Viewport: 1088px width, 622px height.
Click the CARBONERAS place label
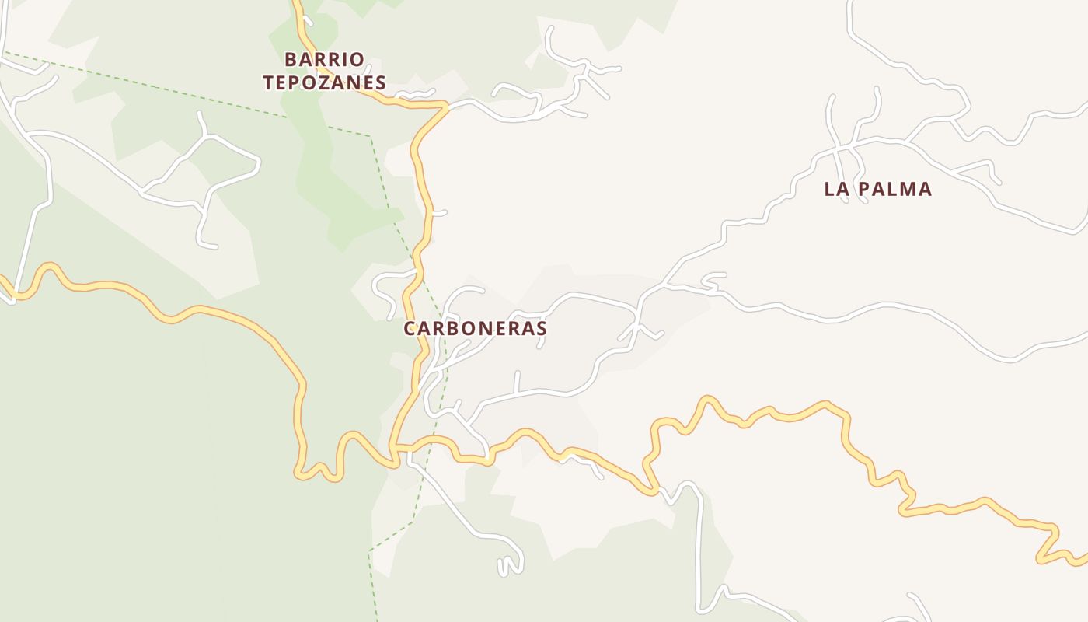coord(475,329)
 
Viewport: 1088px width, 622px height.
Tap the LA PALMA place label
coord(877,189)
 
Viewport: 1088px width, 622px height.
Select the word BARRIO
coord(324,59)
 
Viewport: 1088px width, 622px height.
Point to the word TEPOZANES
coord(324,82)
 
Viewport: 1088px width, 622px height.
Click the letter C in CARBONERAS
coord(410,329)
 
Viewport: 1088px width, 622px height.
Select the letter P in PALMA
coord(865,189)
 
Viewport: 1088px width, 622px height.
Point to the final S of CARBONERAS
coord(541,329)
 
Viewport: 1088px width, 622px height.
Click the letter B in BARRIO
coord(291,59)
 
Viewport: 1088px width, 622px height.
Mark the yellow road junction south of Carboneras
coord(396,447)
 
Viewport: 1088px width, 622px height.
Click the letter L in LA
coord(829,189)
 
